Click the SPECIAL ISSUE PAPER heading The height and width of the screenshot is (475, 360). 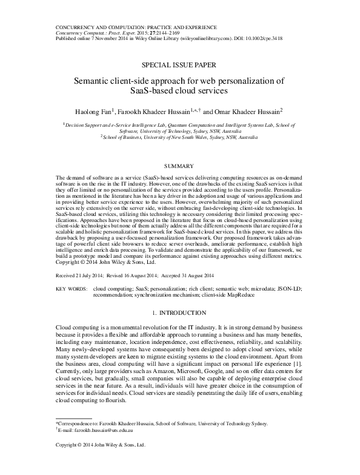(x=179, y=64)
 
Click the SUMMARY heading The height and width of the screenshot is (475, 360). (x=179, y=166)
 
